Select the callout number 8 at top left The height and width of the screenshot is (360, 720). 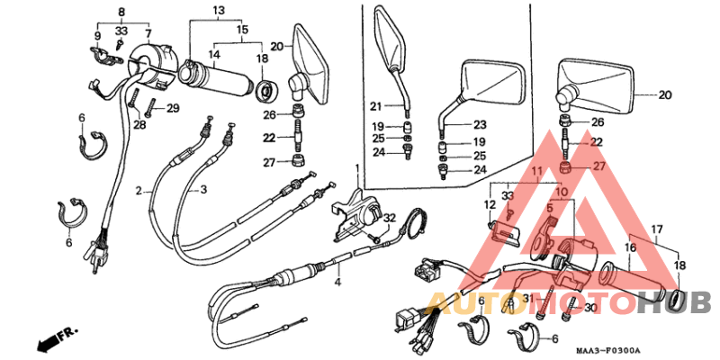121,12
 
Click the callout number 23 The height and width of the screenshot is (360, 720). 480,125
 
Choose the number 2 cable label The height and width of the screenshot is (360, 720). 139,191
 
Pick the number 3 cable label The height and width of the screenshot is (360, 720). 203,191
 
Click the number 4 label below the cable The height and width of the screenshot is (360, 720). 338,283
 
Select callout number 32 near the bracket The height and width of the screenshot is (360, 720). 389,218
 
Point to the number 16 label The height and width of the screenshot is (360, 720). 629,246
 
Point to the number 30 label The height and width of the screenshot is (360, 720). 590,309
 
